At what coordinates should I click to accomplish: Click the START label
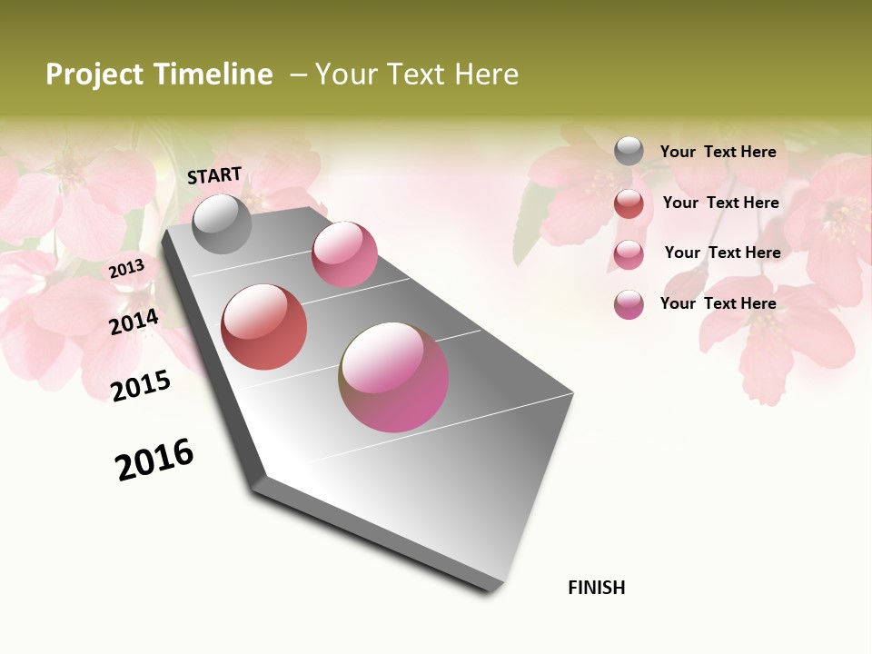(x=214, y=175)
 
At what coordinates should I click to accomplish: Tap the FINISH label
(x=597, y=588)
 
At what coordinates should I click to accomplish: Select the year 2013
(x=126, y=269)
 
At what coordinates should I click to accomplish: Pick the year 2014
(x=134, y=322)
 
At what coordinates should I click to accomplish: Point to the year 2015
(x=141, y=386)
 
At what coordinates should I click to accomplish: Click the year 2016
(x=154, y=460)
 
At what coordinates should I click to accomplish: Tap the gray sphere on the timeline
(x=223, y=223)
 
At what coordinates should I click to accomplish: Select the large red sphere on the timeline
(x=264, y=327)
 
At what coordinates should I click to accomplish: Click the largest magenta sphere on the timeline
(x=394, y=377)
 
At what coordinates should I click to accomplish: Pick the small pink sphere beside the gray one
(x=344, y=254)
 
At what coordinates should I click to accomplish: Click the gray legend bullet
(x=629, y=152)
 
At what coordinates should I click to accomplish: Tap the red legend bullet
(x=629, y=203)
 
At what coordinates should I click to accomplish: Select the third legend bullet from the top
(x=629, y=254)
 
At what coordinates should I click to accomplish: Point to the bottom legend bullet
(x=629, y=304)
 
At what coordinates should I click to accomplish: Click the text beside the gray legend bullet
(x=718, y=152)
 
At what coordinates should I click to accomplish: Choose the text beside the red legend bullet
(x=720, y=203)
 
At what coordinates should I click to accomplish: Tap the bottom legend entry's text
(x=718, y=303)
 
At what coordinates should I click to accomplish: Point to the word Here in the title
(x=486, y=74)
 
